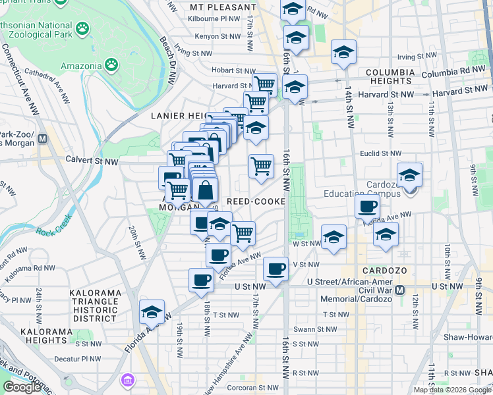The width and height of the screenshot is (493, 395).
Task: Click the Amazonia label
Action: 82,66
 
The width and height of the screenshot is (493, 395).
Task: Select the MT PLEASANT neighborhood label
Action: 222,7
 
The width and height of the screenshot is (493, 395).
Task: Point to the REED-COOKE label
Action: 256,201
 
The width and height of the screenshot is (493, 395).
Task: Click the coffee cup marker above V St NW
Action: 276,269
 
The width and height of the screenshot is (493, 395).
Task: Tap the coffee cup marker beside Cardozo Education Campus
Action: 367,207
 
